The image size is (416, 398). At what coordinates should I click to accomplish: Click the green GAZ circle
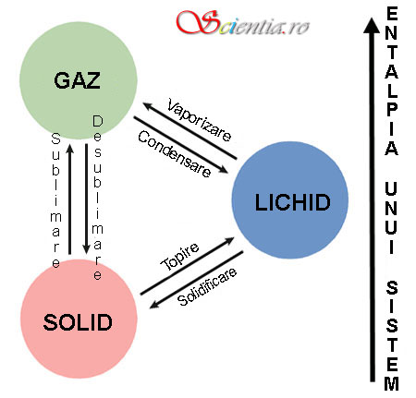[79, 80]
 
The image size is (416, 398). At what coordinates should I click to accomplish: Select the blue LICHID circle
[290, 200]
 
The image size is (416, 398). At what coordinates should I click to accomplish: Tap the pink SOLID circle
[79, 320]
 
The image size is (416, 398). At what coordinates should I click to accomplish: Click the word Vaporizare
[199, 120]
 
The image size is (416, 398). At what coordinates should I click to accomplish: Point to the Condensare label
[175, 153]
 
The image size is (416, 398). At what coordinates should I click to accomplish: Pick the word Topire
[179, 257]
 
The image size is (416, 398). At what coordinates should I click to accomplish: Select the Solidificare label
[207, 286]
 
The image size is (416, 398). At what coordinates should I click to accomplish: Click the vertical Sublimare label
[55, 200]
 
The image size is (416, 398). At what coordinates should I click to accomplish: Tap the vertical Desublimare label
[97, 198]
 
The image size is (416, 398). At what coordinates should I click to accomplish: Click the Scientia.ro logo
[243, 22]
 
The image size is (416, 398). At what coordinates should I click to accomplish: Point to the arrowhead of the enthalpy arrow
[372, 25]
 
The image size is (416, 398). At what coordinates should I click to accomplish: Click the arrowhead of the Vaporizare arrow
[147, 106]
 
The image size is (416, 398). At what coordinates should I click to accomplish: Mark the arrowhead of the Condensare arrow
[224, 170]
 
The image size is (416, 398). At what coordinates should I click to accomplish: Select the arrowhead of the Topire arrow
[230, 240]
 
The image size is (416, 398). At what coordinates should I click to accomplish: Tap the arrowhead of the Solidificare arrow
[153, 305]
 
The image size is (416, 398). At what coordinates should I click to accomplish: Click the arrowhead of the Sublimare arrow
[70, 148]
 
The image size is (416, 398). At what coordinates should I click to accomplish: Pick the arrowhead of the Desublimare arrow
[87, 250]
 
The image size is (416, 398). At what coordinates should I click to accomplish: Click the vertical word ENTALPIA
[391, 81]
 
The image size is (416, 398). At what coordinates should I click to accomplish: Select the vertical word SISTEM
[392, 335]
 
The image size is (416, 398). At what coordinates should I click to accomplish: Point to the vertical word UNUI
[391, 218]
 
